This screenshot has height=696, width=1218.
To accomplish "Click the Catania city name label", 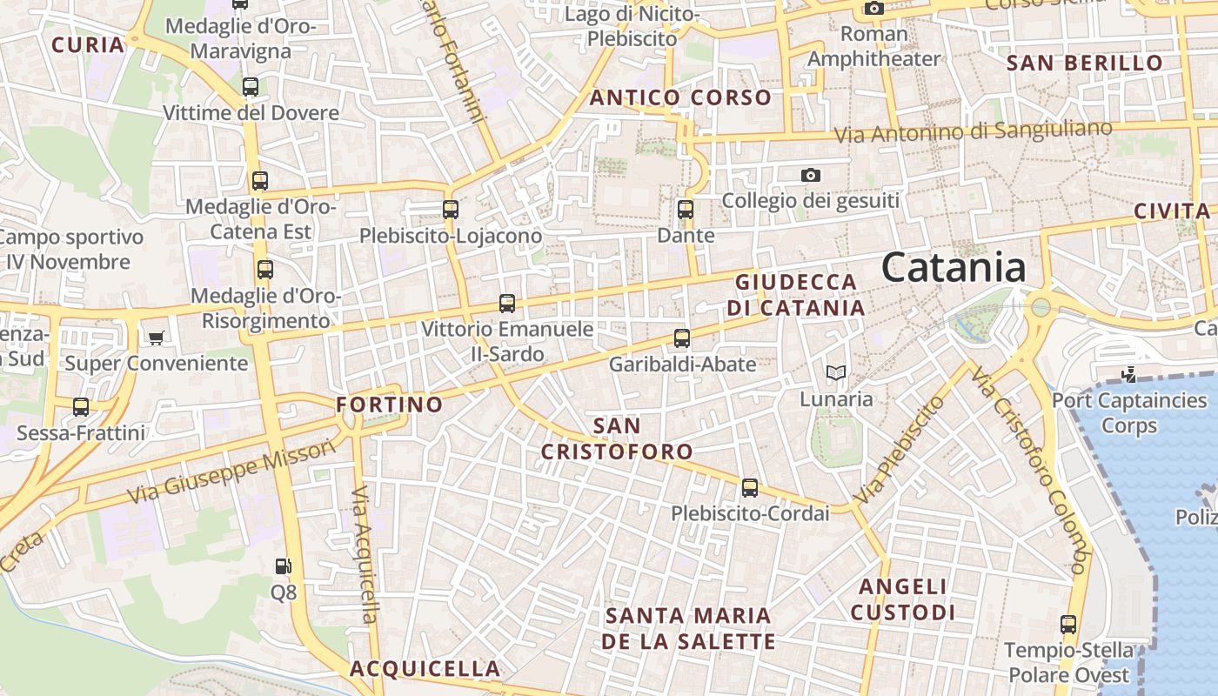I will [954, 267].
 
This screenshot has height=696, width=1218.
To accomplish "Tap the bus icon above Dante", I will [686, 210].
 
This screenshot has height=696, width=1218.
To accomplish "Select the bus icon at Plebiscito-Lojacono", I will [450, 210].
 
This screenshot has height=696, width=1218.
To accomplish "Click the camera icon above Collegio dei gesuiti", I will [811, 176].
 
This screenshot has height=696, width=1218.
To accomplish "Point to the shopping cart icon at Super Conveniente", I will [156, 338].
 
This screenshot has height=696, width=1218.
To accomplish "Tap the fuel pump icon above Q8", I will [283, 566].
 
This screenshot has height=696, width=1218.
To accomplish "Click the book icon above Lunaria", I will [836, 373].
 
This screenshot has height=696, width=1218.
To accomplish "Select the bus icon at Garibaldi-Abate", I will [682, 338].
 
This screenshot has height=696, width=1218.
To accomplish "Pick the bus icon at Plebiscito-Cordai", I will [750, 488].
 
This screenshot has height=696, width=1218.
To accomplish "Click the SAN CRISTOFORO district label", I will [617, 438].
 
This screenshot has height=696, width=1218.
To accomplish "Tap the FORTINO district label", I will [390, 405].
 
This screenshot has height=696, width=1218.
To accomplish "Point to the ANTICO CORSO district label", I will [680, 98].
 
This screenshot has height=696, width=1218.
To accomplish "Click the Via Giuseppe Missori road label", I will [231, 471].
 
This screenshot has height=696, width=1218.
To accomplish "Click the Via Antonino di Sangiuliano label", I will [973, 132].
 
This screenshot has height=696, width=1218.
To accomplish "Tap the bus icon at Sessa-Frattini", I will [81, 407].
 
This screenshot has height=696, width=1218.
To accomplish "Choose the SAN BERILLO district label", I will [1084, 63].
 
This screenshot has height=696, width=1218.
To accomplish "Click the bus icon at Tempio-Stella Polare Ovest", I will [1068, 625].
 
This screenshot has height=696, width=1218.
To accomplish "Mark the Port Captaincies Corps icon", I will [1128, 375].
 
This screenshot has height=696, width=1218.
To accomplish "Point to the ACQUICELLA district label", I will [425, 669].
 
